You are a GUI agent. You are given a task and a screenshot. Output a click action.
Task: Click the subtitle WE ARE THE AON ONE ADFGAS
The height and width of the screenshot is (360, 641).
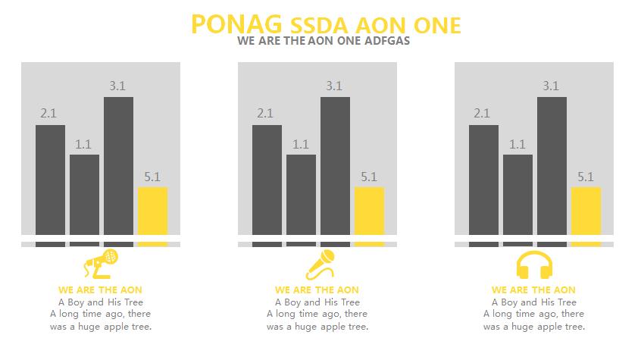coord(324,41)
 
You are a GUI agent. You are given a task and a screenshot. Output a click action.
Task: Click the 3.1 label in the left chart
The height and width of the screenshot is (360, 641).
coord(117,86)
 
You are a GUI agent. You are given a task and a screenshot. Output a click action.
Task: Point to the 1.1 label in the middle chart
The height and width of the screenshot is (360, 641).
coord(301,144)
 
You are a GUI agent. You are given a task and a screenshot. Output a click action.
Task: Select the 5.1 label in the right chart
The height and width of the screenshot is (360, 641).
coord(586,177)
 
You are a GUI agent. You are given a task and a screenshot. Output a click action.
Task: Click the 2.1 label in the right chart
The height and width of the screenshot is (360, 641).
coord(482,114)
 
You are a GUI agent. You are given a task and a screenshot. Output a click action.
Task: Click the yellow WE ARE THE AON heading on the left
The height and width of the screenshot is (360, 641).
coord(100,290)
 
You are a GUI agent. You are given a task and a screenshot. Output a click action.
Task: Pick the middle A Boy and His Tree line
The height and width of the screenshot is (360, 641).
coord(317,302)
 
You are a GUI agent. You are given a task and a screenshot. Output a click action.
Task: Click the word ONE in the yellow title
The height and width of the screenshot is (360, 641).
coord(434,25)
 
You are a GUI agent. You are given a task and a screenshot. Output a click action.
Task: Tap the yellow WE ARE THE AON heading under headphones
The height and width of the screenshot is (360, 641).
coord(533,290)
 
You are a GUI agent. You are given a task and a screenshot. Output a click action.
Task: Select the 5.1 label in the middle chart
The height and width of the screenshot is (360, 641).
coord(369,177)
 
